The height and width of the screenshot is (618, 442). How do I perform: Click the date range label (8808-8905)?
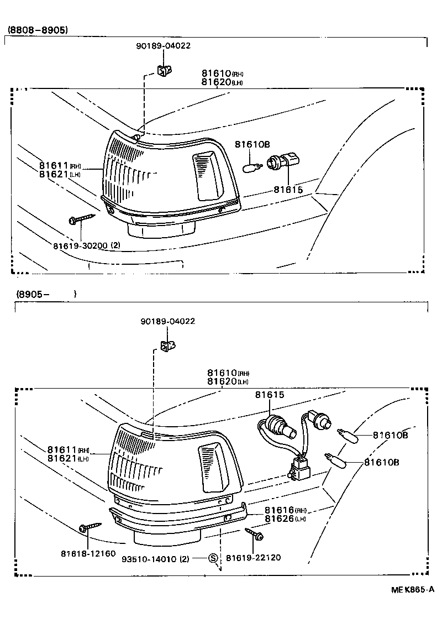coord(38,30)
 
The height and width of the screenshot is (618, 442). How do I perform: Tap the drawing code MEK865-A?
coord(413,590)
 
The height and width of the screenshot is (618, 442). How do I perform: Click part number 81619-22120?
coord(254,558)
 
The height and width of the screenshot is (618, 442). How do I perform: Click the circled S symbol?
coord(214,558)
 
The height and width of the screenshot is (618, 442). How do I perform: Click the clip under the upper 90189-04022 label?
coord(162,70)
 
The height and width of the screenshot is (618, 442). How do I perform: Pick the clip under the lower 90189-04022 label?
coord(167,345)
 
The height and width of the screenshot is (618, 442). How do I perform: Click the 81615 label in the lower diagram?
coord(269,395)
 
